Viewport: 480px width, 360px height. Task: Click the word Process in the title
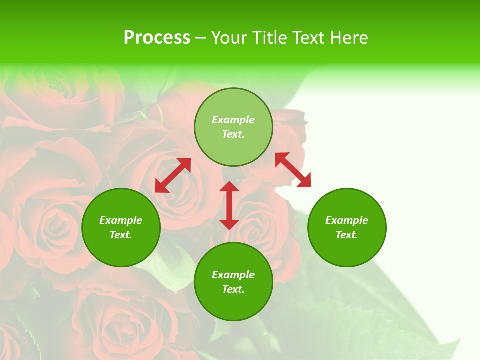point(157,38)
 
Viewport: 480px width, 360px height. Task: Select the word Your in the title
point(228,38)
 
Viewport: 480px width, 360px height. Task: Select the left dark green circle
point(121,250)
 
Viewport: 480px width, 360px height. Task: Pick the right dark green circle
point(347,250)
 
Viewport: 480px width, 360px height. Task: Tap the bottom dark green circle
point(233,305)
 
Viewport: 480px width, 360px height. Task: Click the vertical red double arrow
point(229,206)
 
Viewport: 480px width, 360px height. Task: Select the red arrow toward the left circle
point(173,175)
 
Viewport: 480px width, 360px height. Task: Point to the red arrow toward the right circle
point(293,170)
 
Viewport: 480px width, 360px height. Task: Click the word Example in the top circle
point(233,120)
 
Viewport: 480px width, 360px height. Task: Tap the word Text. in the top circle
point(233,134)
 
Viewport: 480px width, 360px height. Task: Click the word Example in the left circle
point(121,220)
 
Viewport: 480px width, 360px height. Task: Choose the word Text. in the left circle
point(121,235)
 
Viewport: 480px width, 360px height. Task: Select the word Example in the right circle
point(347,220)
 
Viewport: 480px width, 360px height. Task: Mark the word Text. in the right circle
point(347,235)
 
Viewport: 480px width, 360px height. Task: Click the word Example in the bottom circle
point(233,275)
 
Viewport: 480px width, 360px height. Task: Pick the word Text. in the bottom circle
point(233,289)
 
